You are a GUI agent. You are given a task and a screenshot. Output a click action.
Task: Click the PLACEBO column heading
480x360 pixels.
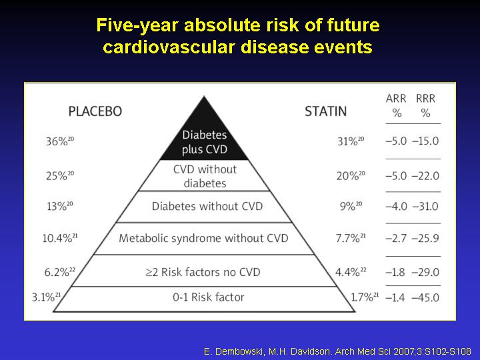pyautogui.click(x=95, y=111)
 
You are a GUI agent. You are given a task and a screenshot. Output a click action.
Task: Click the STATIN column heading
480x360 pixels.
pyautogui.click(x=326, y=111)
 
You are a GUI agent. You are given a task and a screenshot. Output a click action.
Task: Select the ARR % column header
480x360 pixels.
pyautogui.click(x=396, y=105)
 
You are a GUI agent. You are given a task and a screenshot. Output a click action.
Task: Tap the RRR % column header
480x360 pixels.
pyautogui.click(x=425, y=105)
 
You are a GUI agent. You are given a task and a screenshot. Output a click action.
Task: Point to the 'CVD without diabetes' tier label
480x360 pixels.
pyautogui.click(x=205, y=176)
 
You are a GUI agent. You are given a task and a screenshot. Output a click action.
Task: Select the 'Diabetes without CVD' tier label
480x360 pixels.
pyautogui.click(x=207, y=206)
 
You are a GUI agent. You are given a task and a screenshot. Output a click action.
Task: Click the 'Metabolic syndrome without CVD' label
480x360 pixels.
pyautogui.click(x=203, y=238)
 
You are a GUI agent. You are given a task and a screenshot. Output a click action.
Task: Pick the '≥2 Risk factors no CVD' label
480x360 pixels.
pyautogui.click(x=203, y=272)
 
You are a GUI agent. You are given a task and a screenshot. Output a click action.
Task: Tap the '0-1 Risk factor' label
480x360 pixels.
pyautogui.click(x=209, y=297)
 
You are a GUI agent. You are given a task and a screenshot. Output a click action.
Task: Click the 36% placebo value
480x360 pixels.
pyautogui.click(x=60, y=141)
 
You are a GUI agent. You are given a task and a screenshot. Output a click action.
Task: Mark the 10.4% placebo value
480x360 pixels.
pyautogui.click(x=60, y=238)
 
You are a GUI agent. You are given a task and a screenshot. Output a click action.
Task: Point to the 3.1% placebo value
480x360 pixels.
pyautogui.click(x=46, y=297)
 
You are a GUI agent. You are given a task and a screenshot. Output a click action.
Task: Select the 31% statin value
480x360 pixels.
pyautogui.click(x=351, y=141)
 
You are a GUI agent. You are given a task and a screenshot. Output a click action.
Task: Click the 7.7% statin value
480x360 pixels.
pyautogui.click(x=351, y=238)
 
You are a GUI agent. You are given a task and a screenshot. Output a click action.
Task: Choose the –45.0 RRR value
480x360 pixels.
pyautogui.click(x=425, y=297)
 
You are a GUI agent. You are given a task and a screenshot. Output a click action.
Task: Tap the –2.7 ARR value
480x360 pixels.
pyautogui.click(x=396, y=238)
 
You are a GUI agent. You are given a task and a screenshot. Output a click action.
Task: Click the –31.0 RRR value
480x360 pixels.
pyautogui.click(x=425, y=206)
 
